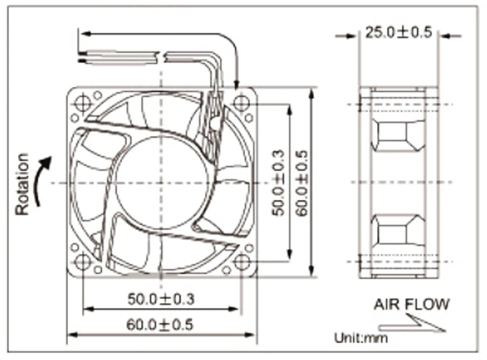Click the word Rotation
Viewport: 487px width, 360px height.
pos(23,184)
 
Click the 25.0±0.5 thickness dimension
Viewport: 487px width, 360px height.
pos(398,33)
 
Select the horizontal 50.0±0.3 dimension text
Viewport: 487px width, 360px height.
pos(161,299)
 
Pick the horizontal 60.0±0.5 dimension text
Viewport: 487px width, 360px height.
pos(160,325)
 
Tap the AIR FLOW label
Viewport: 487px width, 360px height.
pos(411,304)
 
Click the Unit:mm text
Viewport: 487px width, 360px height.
pos(360,337)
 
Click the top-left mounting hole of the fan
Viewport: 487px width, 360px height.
pos(82,103)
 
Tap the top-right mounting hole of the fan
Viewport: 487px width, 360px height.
pos(240,103)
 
